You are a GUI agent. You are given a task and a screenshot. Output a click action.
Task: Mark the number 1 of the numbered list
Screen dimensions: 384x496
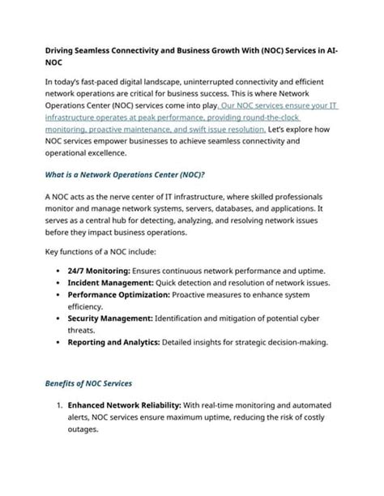click(58, 404)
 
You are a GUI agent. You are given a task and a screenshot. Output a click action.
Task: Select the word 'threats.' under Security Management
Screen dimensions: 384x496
click(85, 332)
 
